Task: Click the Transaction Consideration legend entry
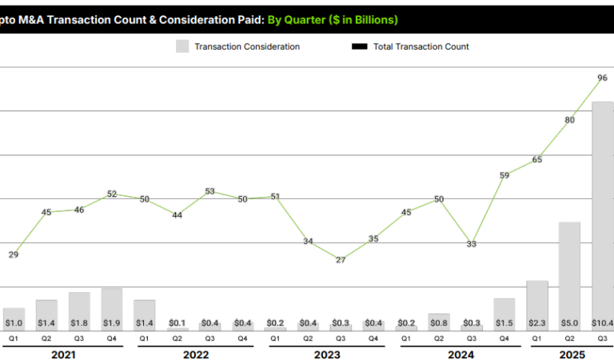click(x=237, y=46)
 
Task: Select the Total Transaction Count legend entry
click(x=411, y=46)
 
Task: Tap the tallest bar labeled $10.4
click(x=602, y=216)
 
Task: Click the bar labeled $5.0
click(x=569, y=276)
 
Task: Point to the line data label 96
click(x=602, y=78)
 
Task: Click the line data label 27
click(x=341, y=260)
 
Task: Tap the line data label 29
click(x=14, y=254)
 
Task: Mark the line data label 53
click(x=210, y=191)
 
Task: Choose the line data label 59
click(x=504, y=175)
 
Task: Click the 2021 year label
click(x=62, y=354)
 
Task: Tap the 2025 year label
click(x=569, y=354)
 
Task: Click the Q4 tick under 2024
click(x=504, y=338)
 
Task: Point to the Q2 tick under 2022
click(x=177, y=338)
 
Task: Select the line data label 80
click(x=570, y=120)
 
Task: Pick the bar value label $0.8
click(x=439, y=323)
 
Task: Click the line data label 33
click(x=472, y=244)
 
